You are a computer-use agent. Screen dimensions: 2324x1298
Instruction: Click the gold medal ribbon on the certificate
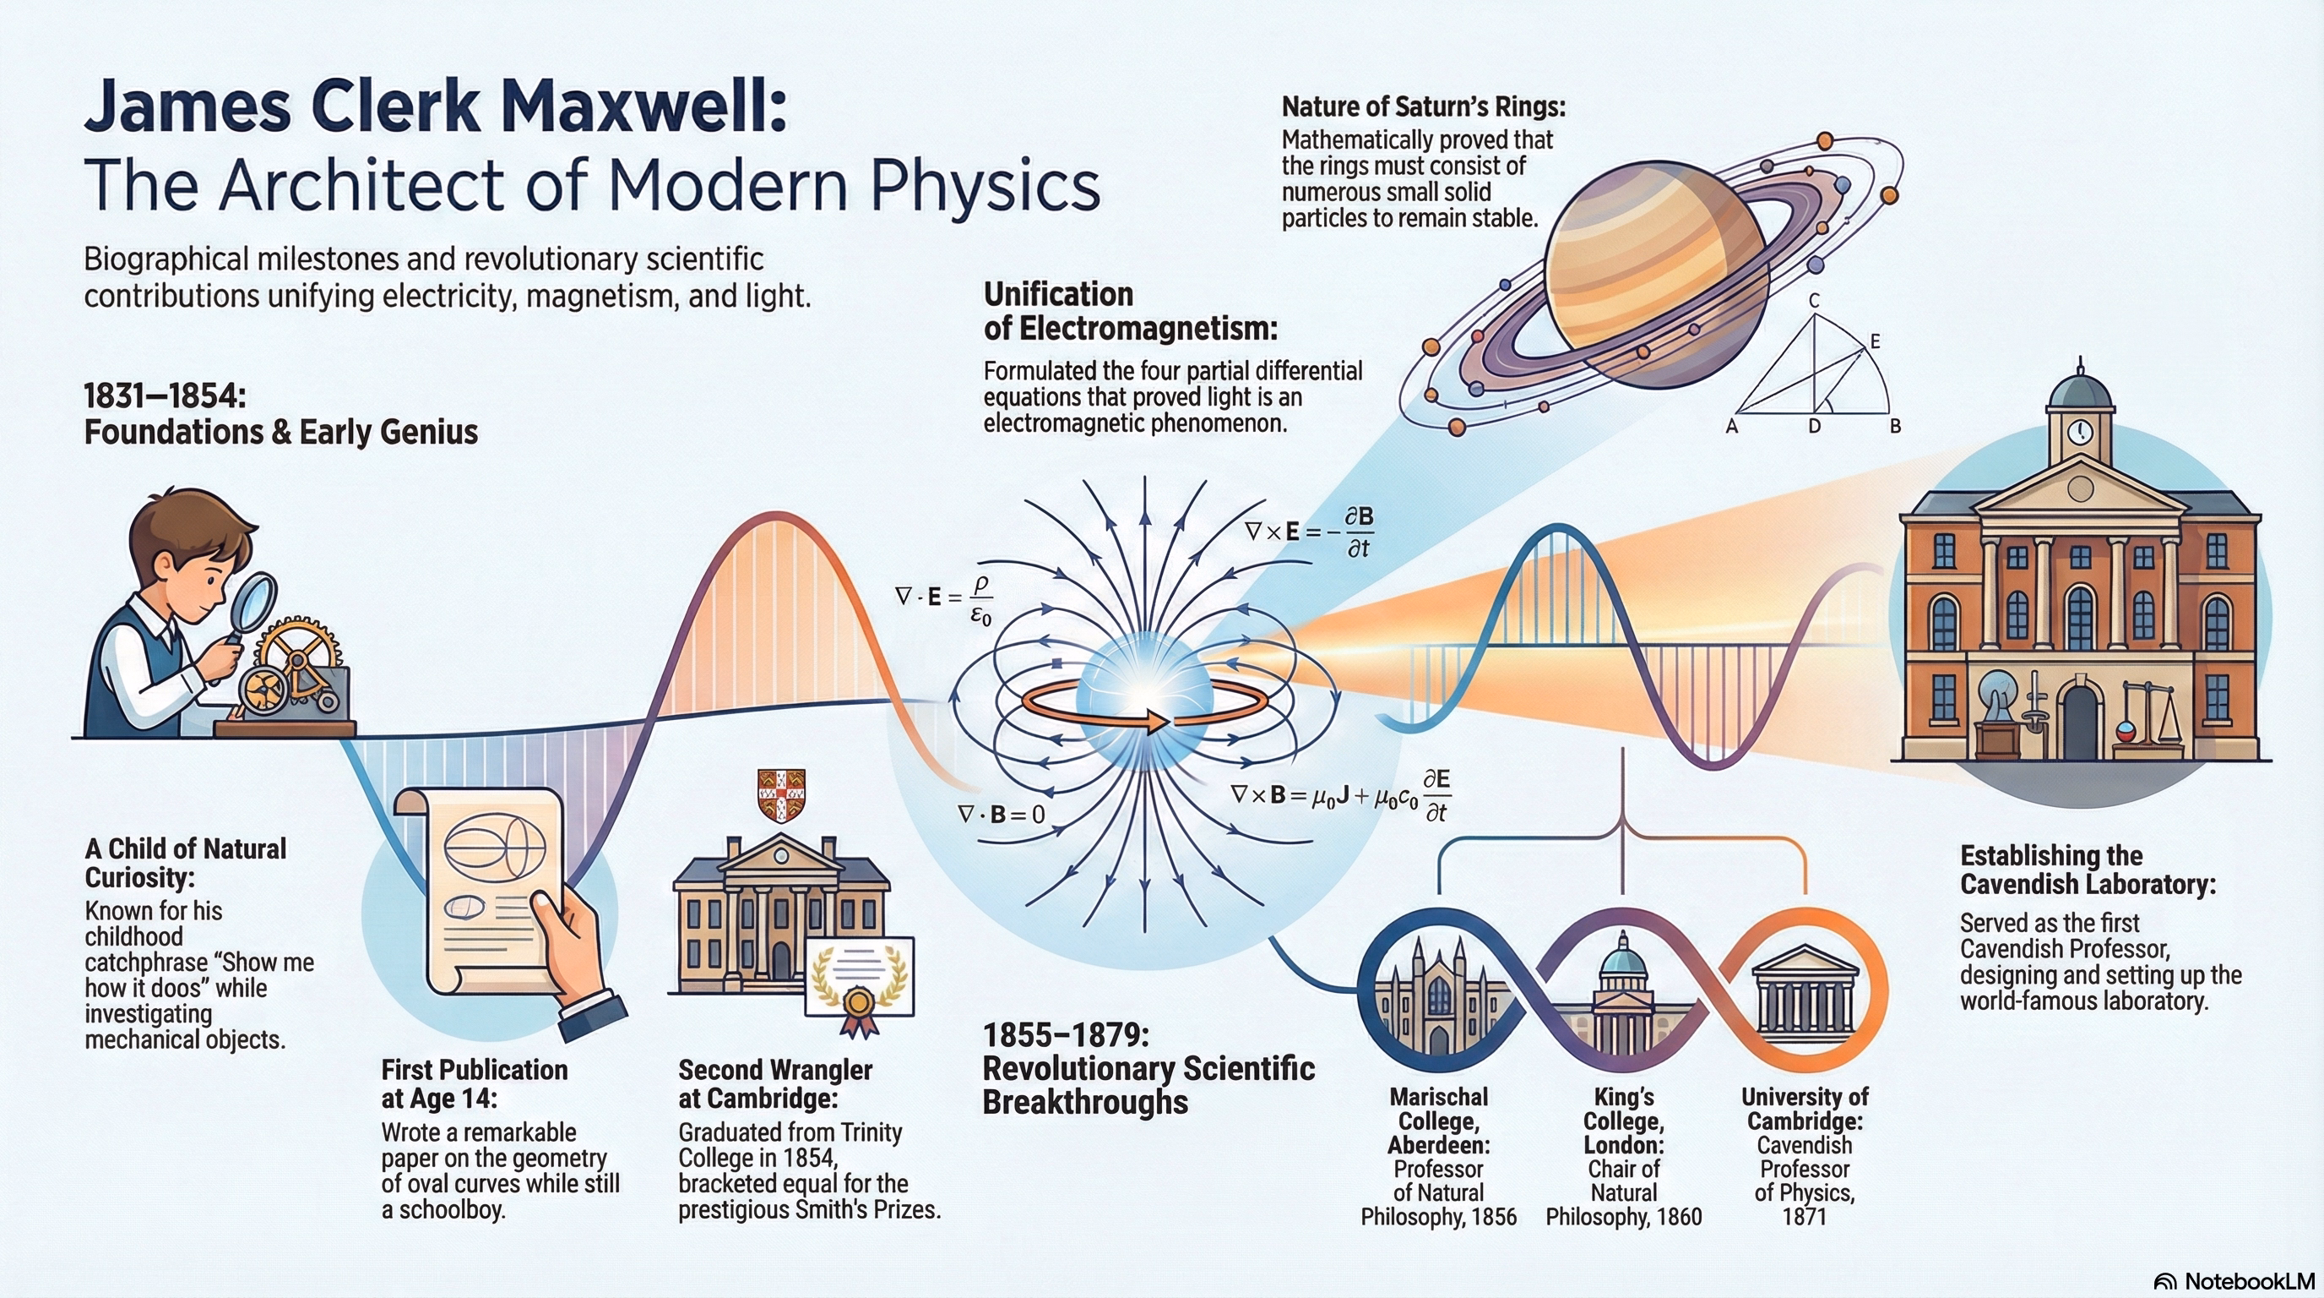[x=857, y=1009]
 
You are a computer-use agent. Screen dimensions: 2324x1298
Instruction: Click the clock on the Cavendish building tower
[x=2078, y=432]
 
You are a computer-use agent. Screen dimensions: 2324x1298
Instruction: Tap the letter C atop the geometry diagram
[x=1814, y=301]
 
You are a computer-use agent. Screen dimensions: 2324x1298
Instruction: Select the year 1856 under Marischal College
[x=1494, y=1217]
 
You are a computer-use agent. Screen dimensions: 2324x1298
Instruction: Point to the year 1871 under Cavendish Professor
[x=1805, y=1217]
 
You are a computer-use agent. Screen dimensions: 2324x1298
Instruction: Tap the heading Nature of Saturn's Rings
[x=1424, y=106]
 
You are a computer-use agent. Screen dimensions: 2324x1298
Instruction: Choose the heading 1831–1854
[x=166, y=396]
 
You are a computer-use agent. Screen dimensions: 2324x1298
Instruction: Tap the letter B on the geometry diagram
[x=1896, y=426]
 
